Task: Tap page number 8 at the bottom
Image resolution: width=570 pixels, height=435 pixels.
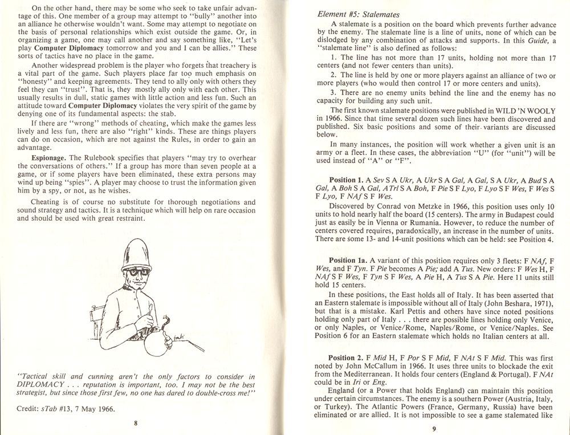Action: [x=135, y=422]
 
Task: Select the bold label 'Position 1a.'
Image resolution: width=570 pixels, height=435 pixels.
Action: [x=351, y=260]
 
